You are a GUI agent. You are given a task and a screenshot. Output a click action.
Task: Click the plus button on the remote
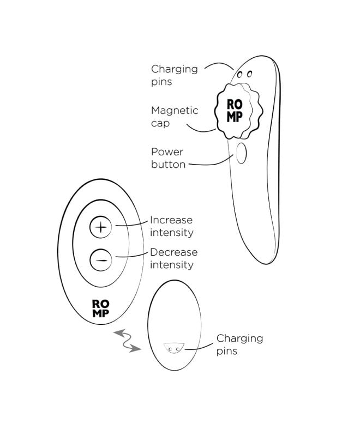tap(100, 226)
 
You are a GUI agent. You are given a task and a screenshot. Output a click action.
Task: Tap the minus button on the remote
tap(100, 259)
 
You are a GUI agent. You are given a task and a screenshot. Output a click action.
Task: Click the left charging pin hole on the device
tap(239, 74)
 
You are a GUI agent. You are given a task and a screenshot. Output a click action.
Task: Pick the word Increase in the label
tap(171, 220)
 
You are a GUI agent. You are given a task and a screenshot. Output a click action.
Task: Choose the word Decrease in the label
tap(173, 252)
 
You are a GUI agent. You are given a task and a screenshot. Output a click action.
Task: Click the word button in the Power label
tap(169, 164)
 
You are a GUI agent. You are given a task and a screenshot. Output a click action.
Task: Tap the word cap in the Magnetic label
tap(160, 123)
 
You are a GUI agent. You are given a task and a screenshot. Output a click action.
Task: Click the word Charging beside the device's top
tap(174, 69)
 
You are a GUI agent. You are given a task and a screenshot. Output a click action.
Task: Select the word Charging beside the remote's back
tap(239, 338)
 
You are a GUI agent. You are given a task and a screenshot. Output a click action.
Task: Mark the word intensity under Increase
tap(171, 233)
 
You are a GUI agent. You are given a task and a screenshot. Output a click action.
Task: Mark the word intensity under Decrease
tap(171, 265)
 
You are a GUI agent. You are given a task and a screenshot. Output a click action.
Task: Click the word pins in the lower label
tap(226, 351)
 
